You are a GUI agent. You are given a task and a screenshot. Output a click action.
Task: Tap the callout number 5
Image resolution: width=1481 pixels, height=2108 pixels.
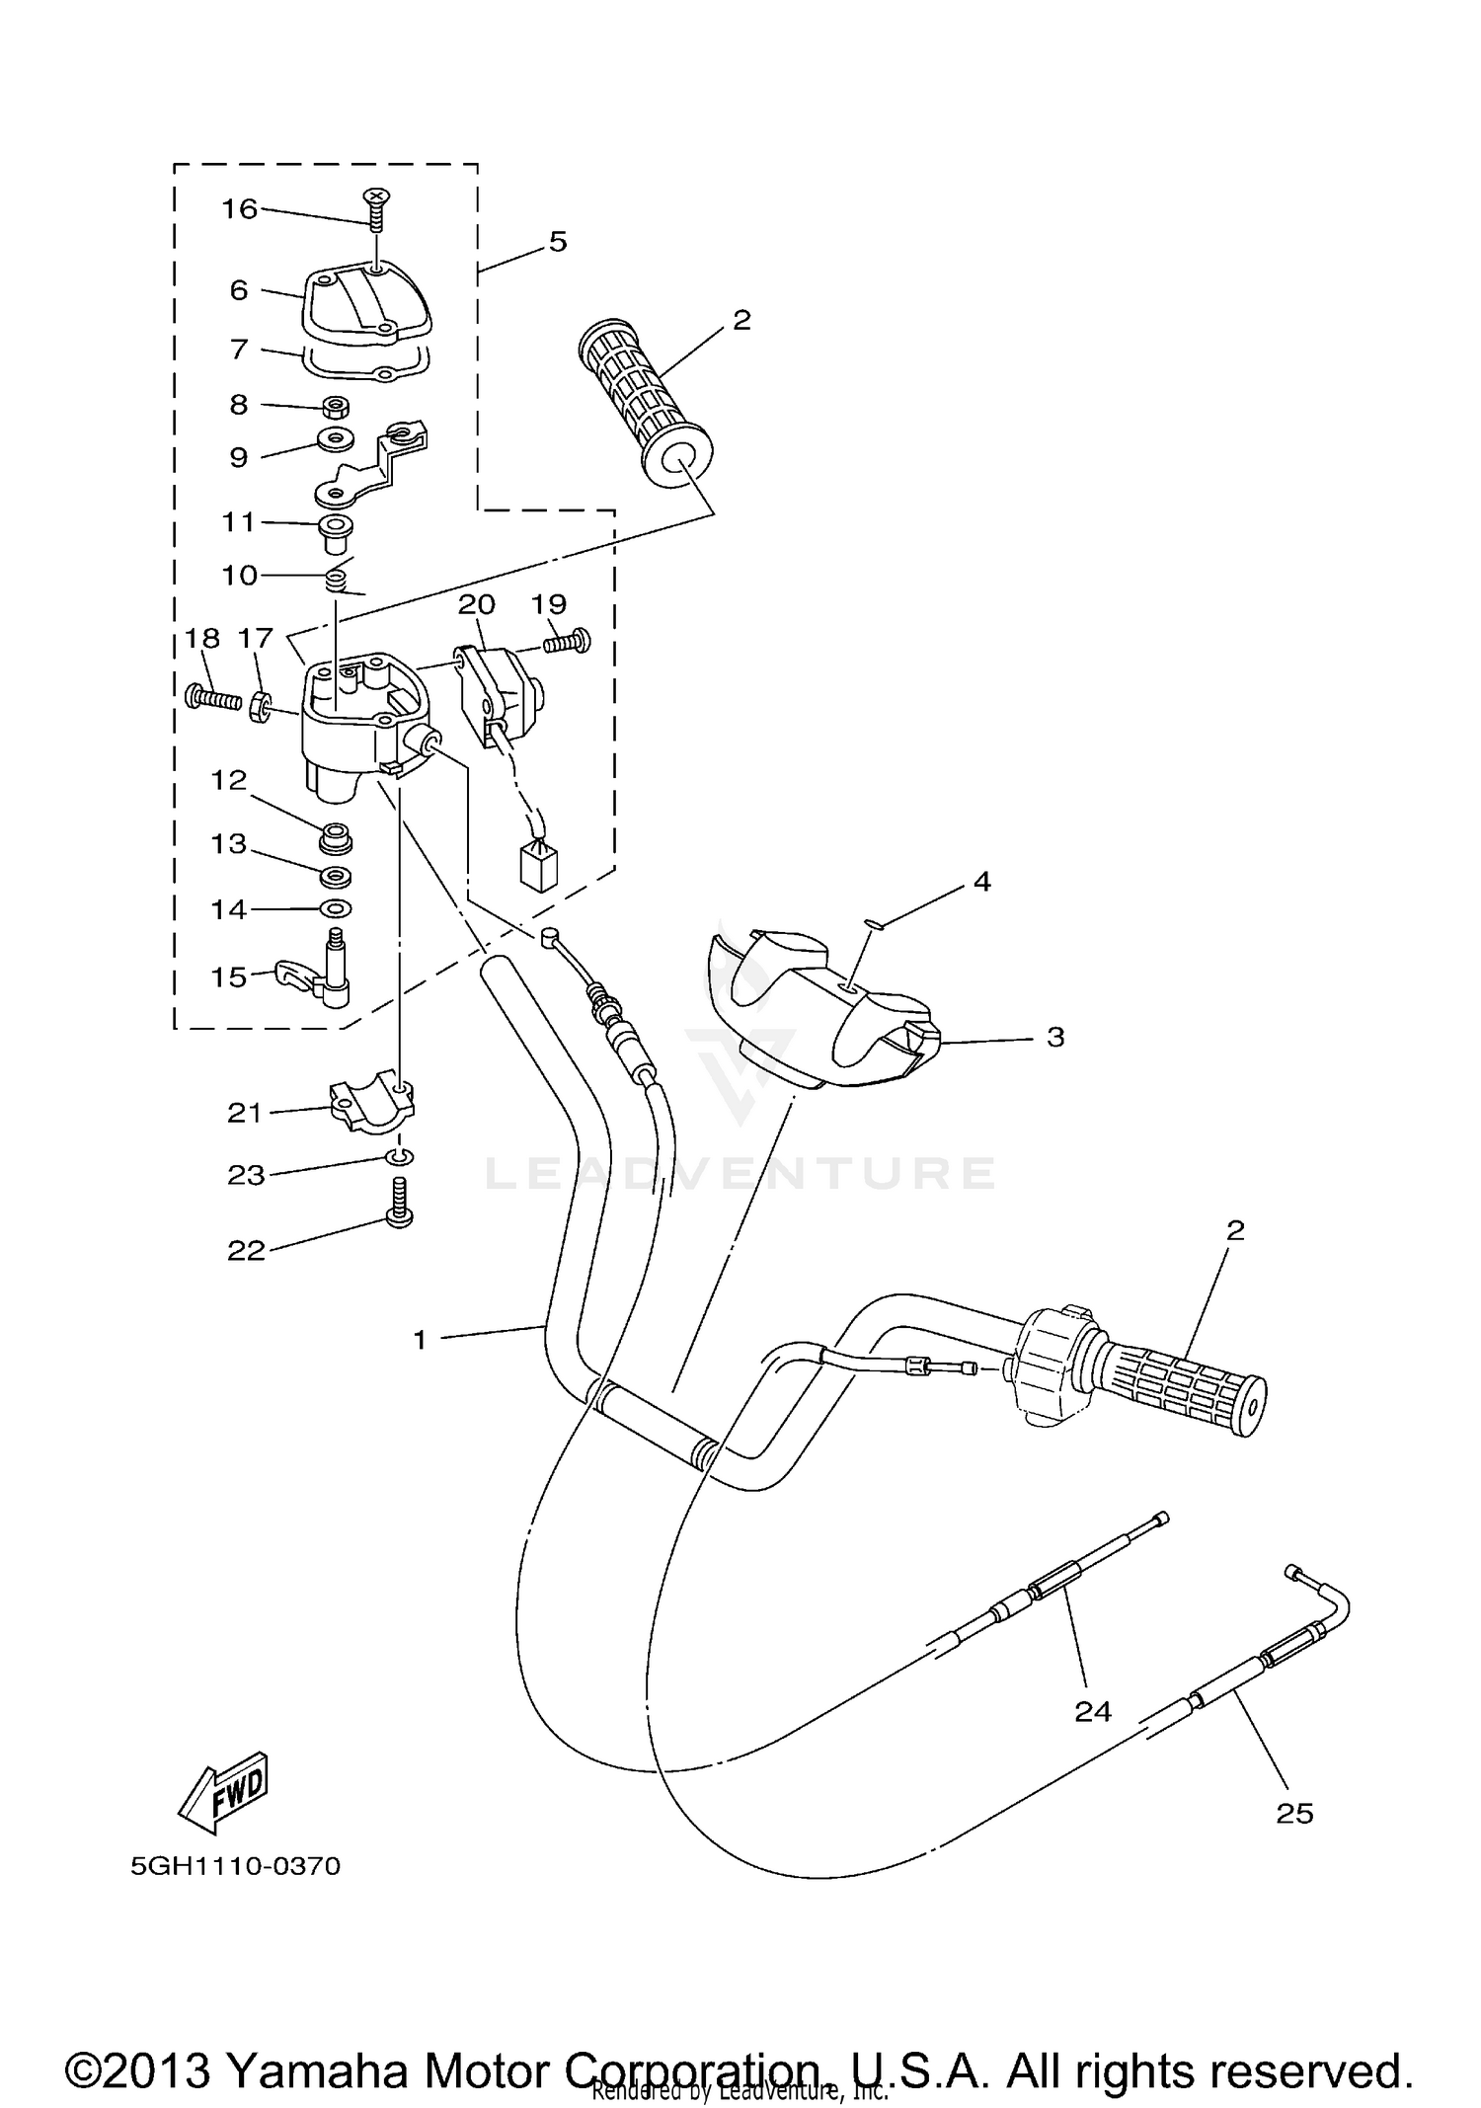(558, 241)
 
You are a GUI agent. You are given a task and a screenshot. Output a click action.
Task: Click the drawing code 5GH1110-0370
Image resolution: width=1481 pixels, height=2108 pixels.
(235, 1866)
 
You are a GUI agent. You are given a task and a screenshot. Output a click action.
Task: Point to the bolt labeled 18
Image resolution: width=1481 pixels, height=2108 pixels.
(212, 698)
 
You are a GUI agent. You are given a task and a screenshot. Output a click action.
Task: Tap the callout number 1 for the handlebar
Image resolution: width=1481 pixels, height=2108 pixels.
(420, 1340)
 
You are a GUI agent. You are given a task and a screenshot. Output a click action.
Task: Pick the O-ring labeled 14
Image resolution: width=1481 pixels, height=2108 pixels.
(336, 907)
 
